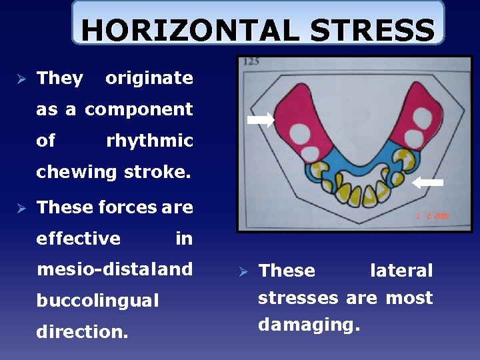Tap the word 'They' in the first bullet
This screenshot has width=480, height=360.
point(60,78)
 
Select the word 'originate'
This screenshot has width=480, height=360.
point(149,78)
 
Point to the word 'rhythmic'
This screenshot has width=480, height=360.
point(149,141)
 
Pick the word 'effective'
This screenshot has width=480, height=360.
point(79,239)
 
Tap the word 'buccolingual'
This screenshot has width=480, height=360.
point(98,301)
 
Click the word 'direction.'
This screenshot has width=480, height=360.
point(82,331)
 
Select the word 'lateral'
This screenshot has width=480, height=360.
point(401,271)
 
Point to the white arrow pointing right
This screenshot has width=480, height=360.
point(261,120)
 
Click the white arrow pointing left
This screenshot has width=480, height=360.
point(427,181)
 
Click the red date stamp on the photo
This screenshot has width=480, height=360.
point(431,216)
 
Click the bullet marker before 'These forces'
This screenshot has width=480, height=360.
point(19,208)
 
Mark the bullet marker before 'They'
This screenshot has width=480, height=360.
point(19,79)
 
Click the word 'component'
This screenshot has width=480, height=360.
point(139,109)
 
